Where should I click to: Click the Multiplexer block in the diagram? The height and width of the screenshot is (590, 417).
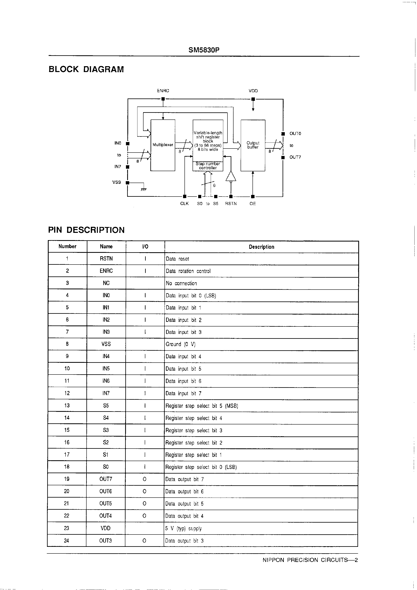tap(163, 145)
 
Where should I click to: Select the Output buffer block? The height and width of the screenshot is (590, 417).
tap(253, 145)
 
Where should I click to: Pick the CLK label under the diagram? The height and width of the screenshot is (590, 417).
tap(184, 204)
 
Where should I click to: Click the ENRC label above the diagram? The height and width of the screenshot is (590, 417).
tap(163, 91)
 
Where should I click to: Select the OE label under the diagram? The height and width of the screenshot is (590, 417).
tap(253, 204)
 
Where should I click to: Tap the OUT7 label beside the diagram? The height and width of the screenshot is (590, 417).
tap(295, 157)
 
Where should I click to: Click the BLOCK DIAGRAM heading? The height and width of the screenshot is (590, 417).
tap(86, 69)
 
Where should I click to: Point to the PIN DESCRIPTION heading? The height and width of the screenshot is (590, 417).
tap(86, 230)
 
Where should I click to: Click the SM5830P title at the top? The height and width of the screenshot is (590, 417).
tap(204, 50)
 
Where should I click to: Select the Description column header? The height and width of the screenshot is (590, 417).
tap(261, 247)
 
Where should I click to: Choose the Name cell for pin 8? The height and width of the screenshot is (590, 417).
tap(106, 344)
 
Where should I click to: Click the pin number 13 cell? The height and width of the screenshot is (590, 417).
tap(67, 406)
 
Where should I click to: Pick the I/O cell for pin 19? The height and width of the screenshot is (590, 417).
tap(145, 479)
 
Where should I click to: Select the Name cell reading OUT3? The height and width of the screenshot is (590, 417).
tap(105, 541)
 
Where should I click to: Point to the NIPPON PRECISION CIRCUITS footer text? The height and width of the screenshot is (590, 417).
tap(310, 560)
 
